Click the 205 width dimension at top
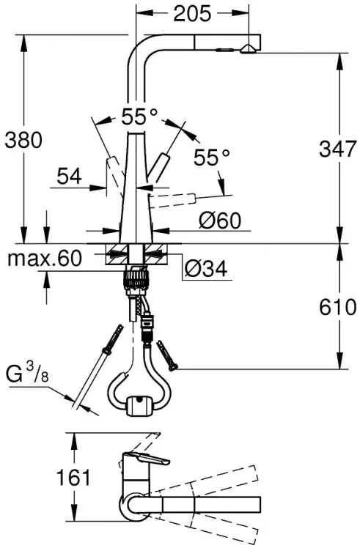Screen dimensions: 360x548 [193, 14]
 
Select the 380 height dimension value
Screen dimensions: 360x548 [23, 140]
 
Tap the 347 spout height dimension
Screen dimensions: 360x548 [337, 149]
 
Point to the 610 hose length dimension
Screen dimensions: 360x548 [337, 308]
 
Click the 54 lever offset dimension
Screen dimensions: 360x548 [69, 176]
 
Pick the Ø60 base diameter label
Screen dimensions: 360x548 [220, 221]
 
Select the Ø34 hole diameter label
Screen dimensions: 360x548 [206, 269]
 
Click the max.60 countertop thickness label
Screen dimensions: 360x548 [45, 258]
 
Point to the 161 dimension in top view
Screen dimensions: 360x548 [74, 477]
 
